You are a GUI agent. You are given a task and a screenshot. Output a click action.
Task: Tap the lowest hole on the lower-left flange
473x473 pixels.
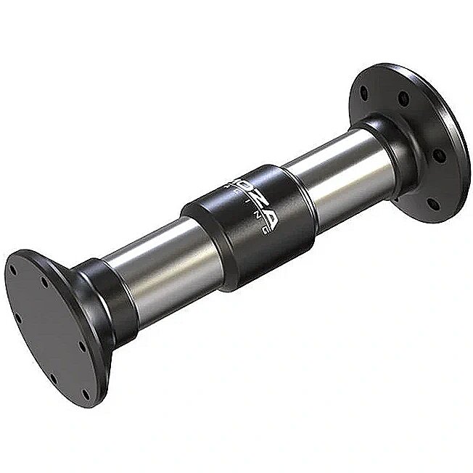(86, 395)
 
